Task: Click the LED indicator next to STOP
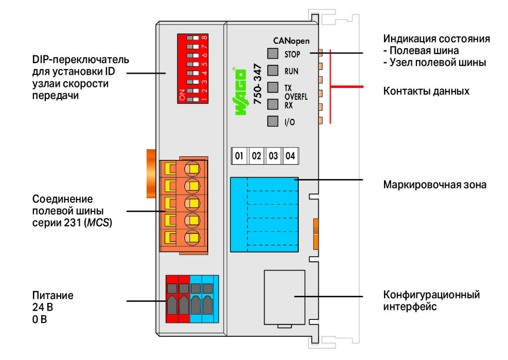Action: coord(273,53)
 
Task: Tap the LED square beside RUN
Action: coord(273,70)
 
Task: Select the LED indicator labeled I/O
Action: coord(273,121)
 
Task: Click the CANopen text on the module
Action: coord(291,41)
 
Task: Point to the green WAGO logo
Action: coord(240,92)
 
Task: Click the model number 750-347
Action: coord(258,84)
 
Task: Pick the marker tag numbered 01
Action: coord(239,156)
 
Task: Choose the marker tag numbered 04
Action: coord(291,156)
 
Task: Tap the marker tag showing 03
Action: coord(273,156)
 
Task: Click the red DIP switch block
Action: coord(193,69)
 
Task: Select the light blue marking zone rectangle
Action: coord(264,214)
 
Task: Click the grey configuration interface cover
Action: coord(284,297)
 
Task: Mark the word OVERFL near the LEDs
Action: coord(296,97)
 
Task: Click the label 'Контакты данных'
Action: coord(426,91)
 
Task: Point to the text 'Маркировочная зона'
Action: coord(435,185)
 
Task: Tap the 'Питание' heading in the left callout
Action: coord(53,296)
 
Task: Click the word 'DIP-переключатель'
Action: coord(80,60)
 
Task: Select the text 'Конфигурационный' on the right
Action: coord(431,295)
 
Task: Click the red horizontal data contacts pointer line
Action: coord(347,87)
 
